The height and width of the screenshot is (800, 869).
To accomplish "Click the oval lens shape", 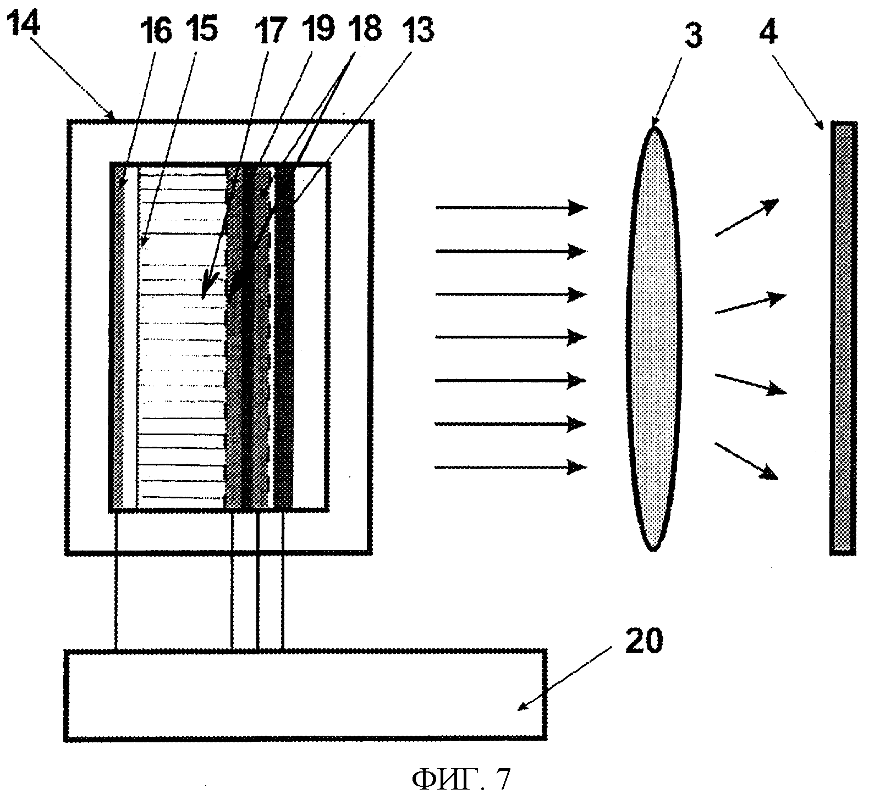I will (653, 338).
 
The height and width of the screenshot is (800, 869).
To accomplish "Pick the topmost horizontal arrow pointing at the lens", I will (512, 208).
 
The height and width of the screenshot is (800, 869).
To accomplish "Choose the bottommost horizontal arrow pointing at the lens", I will (512, 468).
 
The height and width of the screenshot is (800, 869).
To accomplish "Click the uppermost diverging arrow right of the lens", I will (746, 218).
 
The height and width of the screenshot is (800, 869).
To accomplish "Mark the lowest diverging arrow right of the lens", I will (746, 460).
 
